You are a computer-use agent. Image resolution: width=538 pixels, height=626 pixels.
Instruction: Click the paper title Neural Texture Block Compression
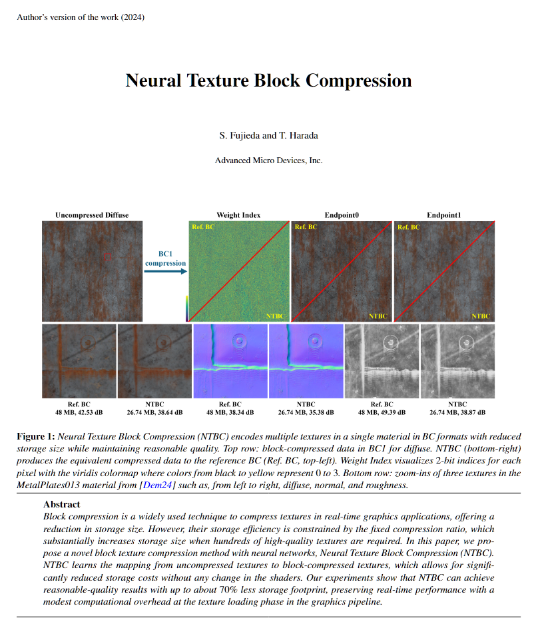point(268,81)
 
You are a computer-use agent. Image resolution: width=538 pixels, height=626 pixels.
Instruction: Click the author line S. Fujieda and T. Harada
point(268,135)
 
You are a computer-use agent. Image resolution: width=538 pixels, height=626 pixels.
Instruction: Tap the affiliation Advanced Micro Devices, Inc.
point(268,160)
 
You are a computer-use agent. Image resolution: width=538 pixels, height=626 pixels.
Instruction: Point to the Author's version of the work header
point(81,17)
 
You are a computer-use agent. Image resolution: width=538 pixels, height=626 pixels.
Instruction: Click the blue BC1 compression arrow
point(166,272)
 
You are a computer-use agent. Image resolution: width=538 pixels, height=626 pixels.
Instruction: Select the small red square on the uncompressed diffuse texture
point(108,256)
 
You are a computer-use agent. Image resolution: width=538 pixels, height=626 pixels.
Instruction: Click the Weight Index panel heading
point(238,215)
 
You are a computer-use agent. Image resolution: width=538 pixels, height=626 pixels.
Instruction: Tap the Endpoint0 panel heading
point(342,215)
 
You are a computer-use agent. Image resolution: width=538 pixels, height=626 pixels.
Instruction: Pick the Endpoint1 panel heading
point(444,215)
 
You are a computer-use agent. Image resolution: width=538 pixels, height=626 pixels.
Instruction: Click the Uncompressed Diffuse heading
point(92,215)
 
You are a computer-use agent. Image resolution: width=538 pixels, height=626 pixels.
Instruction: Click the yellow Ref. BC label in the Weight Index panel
point(203,227)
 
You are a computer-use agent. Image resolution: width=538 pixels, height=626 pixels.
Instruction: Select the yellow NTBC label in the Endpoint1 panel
point(481,316)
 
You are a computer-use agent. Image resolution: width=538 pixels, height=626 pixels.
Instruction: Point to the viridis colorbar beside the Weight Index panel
point(187,308)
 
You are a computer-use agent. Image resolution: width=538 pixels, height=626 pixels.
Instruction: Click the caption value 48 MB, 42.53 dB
point(79,412)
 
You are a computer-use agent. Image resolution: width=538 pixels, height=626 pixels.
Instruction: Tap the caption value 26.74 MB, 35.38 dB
point(306,412)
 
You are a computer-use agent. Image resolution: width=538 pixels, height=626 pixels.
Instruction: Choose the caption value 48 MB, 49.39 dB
point(382,412)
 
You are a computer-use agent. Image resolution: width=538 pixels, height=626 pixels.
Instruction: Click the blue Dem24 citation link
point(157,485)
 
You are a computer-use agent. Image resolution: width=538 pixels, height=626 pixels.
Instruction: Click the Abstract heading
point(62,504)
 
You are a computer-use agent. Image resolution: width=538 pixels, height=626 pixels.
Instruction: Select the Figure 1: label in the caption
point(36,436)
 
